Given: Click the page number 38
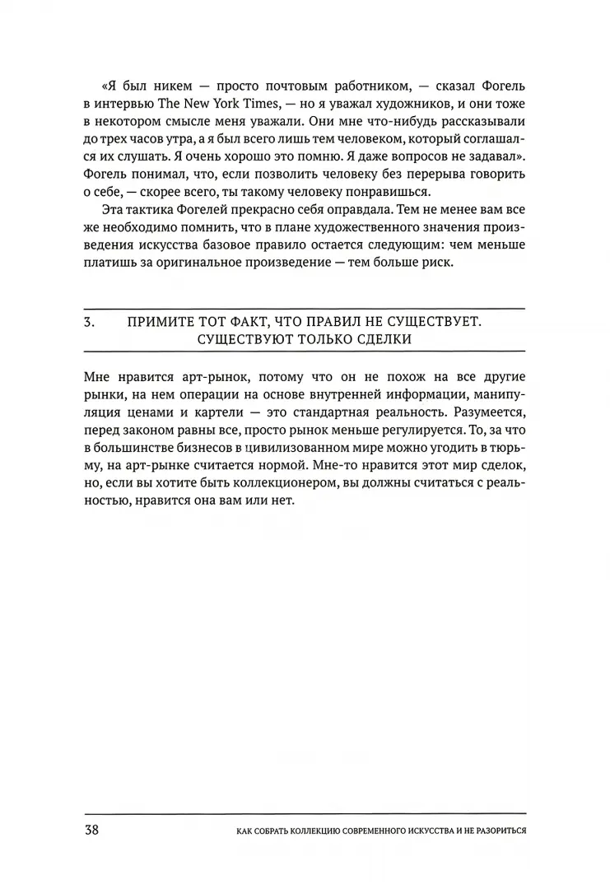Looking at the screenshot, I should (x=91, y=828).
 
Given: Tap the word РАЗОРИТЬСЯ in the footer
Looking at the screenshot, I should (x=491, y=830).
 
